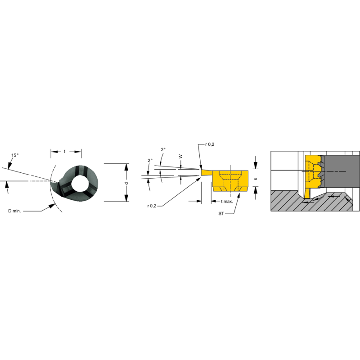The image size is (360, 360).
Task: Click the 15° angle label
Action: pos(15,156)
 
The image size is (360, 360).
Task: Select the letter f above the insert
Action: pos(64,152)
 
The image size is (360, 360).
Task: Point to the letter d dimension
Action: pos(126,183)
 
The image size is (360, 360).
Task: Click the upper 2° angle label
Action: pos(163,150)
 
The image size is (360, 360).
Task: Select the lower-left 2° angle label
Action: pos(150,161)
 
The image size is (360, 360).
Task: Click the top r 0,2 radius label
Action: pos(209,144)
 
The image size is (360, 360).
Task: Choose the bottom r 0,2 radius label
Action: pos(152,206)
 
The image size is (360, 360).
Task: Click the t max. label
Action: pos(227,201)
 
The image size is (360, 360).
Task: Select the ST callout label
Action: pos(221,214)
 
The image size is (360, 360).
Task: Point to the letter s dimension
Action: pos(256,179)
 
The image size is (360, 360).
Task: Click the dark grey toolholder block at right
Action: pos(342,171)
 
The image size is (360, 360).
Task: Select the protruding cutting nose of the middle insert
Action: pos(206,172)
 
